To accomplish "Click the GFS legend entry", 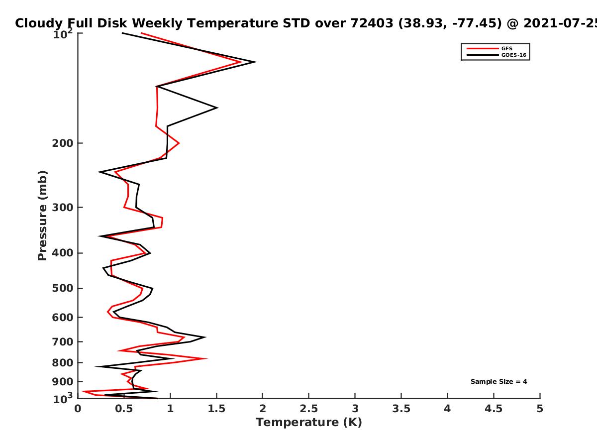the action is click(490, 48).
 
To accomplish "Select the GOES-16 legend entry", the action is click(497, 55).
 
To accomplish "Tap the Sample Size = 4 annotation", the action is click(499, 382).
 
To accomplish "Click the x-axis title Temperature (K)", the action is click(309, 422).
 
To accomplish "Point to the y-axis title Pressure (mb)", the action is click(42, 216).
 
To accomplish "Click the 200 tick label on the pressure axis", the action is click(63, 143).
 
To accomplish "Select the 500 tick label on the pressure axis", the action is click(63, 288).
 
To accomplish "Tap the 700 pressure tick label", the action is click(63, 342).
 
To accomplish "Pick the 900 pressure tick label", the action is click(63, 382).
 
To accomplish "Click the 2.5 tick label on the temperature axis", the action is click(309, 409).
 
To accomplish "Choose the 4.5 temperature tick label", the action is click(494, 409).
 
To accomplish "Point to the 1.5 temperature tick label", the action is click(216, 409).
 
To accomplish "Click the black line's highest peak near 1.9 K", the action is click(256, 62).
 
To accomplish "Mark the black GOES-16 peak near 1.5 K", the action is click(217, 108).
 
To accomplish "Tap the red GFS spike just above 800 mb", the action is click(206, 358).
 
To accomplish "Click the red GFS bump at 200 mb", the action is click(179, 143).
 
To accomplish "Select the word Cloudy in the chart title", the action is click(38, 24).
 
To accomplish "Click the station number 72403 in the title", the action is click(372, 23).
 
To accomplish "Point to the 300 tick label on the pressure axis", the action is click(63, 208).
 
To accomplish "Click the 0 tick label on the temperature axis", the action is click(78, 409).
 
